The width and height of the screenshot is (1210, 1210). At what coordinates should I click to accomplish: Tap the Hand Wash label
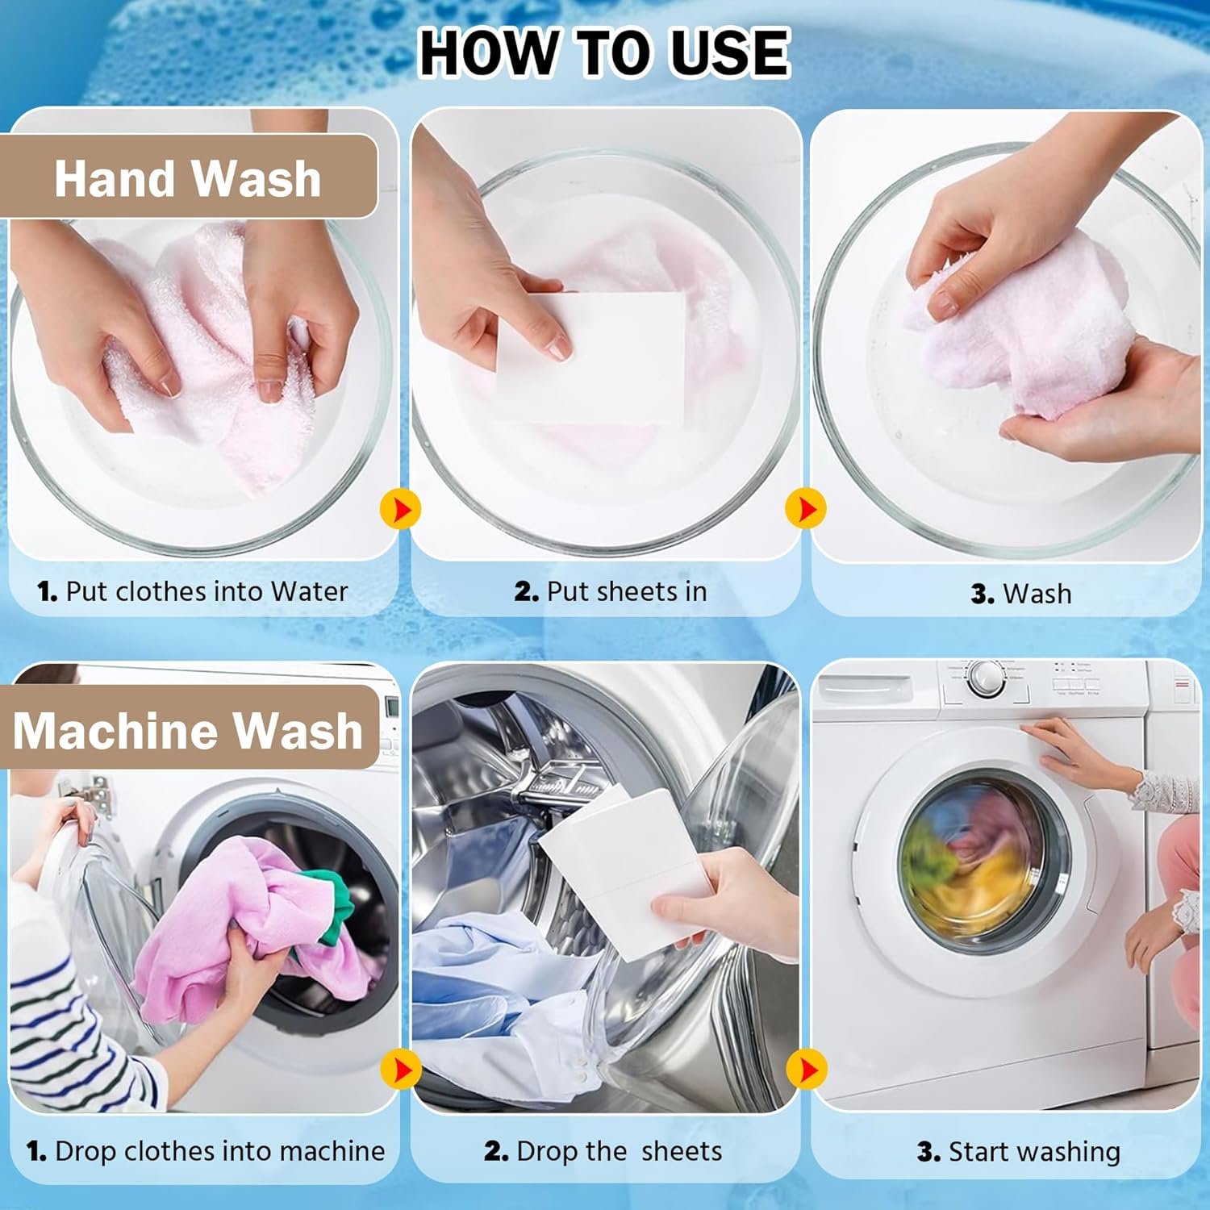[x=188, y=177]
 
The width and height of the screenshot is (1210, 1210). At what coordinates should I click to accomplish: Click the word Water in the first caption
[x=310, y=591]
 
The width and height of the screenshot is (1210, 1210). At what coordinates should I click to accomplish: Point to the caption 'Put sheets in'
[x=627, y=591]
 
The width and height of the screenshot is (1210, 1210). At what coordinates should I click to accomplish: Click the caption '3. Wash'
[x=1021, y=594]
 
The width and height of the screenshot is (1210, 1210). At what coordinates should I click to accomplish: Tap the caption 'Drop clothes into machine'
[x=220, y=1151]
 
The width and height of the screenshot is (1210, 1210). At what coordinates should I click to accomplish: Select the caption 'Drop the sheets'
[x=619, y=1151]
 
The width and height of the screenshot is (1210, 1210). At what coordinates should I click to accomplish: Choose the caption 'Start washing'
[x=1035, y=1152]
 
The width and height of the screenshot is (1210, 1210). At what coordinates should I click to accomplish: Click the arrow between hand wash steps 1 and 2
[x=400, y=509]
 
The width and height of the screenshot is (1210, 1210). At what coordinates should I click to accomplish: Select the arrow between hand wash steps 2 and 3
[x=805, y=509]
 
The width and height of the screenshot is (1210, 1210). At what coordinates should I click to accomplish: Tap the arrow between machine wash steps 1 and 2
[x=400, y=1070]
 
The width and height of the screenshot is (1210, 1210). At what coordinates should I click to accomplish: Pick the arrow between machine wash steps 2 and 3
[x=805, y=1070]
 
